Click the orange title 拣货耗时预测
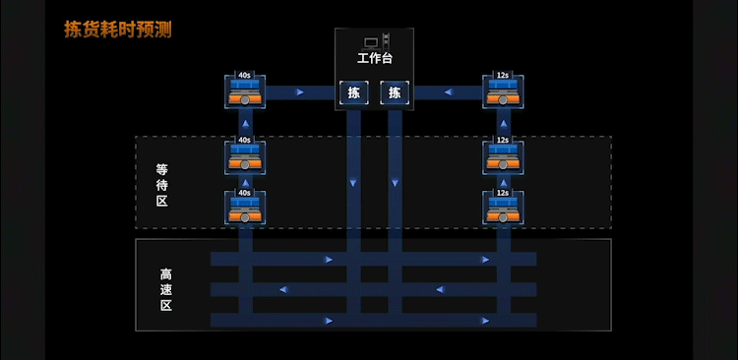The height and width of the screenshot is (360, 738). click(118, 30)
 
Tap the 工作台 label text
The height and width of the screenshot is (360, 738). click(375, 59)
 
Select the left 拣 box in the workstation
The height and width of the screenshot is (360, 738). click(353, 92)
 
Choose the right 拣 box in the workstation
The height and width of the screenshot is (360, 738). click(395, 92)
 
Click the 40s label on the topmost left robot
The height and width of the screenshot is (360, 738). click(244, 75)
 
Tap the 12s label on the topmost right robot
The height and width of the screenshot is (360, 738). click(503, 75)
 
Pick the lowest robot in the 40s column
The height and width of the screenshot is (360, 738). click(245, 208)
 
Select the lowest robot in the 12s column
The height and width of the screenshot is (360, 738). click(503, 208)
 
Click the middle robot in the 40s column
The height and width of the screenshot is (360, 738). click(245, 156)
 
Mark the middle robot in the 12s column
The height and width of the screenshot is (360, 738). click(503, 156)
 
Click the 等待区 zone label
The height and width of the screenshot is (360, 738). click(162, 185)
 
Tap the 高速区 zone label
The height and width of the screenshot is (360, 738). click(165, 289)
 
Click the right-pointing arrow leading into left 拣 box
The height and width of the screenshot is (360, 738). click(300, 92)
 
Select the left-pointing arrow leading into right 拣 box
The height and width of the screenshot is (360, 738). click(448, 92)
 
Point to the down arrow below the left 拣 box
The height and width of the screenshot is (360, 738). click(353, 183)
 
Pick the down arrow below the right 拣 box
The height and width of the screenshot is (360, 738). click(395, 183)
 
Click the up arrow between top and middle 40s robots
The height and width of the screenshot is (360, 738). click(245, 124)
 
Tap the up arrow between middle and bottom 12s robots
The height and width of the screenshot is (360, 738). click(504, 182)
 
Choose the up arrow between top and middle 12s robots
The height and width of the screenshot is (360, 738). click(504, 124)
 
